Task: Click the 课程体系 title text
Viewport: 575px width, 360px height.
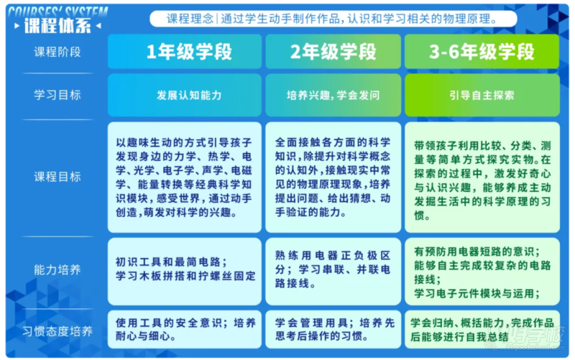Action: coord(57,26)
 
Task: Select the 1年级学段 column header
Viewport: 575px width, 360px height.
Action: coord(185,52)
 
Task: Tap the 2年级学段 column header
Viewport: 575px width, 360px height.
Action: coord(333,52)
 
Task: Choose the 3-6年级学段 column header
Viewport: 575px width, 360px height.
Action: coord(482,52)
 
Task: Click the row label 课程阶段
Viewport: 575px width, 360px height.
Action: coord(57,52)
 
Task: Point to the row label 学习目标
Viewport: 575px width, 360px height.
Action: coord(57,95)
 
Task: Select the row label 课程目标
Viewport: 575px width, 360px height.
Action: coord(57,177)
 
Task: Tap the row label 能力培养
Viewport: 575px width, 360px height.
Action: coord(57,269)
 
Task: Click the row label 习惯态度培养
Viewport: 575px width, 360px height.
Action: coord(57,331)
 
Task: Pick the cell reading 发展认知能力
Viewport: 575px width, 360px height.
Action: coord(185,96)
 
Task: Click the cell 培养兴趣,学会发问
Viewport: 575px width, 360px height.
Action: coord(333,96)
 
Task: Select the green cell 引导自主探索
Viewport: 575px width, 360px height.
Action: coord(482,96)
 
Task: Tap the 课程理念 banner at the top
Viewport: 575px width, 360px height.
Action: coord(333,19)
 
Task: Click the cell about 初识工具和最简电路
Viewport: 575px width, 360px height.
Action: coord(185,272)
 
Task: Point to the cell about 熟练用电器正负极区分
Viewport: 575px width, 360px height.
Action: coord(333,272)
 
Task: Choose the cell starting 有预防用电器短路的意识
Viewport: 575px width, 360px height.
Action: coord(482,272)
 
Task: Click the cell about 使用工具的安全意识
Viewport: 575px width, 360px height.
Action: coord(185,329)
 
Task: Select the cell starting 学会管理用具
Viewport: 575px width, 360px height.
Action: coord(333,329)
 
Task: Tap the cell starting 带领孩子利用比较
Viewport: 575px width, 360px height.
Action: coord(482,177)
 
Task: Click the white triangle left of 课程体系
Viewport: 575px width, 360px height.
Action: coord(17,26)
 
